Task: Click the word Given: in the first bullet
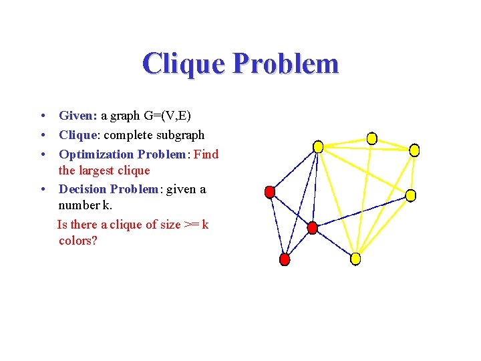[x=78, y=116]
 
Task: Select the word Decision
[x=83, y=189]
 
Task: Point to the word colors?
[x=78, y=241]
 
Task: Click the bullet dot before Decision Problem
[x=42, y=190]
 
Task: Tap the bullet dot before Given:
[x=42, y=116]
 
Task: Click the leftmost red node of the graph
[x=270, y=193]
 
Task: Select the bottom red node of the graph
[x=285, y=259]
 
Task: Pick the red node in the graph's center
[x=312, y=228]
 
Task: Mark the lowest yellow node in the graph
[x=355, y=258]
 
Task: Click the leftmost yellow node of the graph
[x=319, y=146]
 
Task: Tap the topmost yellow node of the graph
[x=372, y=138]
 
